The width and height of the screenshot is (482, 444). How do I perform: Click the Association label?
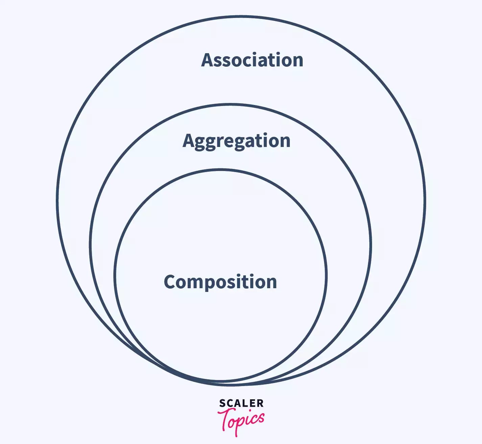tap(252, 60)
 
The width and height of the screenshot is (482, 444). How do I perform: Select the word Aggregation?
tap(236, 141)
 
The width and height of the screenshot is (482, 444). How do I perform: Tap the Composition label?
tap(220, 282)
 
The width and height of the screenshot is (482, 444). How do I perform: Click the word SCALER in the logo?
tap(241, 403)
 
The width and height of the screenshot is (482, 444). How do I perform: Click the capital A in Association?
tap(207, 60)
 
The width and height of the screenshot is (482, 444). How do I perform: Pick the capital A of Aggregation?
tap(188, 141)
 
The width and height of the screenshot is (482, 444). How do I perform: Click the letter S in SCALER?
tap(222, 403)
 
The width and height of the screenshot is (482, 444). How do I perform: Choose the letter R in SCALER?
tap(260, 403)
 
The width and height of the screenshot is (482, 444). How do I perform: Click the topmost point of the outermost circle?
tap(241, 16)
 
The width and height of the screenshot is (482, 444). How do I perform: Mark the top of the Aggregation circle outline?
tap(231, 105)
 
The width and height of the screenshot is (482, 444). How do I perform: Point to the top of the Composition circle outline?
tap(221, 170)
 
